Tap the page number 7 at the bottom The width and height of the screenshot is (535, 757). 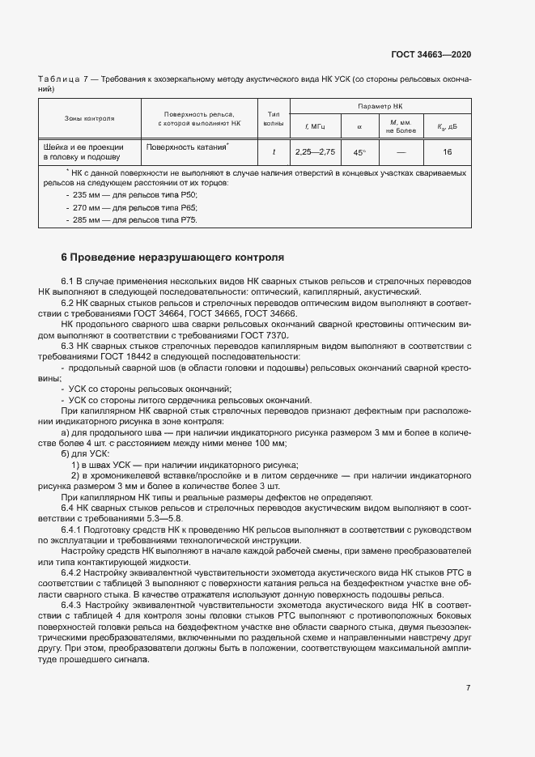pyautogui.click(x=469, y=688)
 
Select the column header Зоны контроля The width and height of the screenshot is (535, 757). pyautogui.click(x=90, y=118)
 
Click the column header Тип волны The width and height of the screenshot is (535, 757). pyautogui.click(x=274, y=118)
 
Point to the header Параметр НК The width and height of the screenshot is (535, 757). pyautogui.click(x=380, y=106)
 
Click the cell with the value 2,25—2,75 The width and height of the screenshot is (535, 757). pyautogui.click(x=315, y=152)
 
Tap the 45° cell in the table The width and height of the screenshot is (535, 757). pyautogui.click(x=359, y=152)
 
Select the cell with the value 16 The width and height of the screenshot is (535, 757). pyautogui.click(x=448, y=152)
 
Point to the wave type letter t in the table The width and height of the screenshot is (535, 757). pyautogui.click(x=274, y=152)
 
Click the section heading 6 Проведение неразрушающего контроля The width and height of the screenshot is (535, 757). pyautogui.click(x=172, y=257)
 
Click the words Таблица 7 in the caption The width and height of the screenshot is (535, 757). pyautogui.click(x=61, y=79)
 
